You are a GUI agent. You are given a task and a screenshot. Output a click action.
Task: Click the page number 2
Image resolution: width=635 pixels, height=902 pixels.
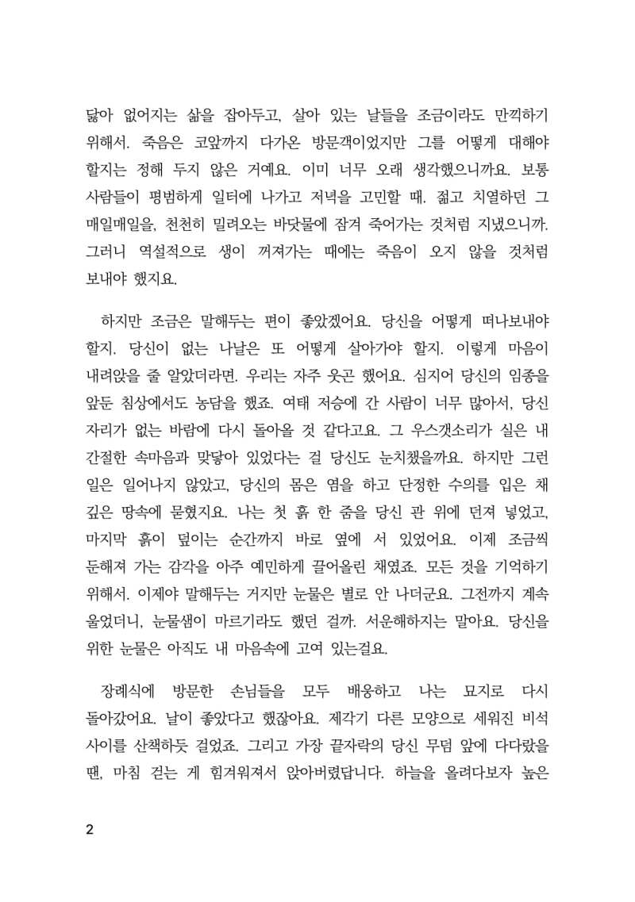coord(89,831)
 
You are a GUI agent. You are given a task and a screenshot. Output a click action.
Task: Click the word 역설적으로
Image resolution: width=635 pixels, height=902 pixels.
coord(164,251)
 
